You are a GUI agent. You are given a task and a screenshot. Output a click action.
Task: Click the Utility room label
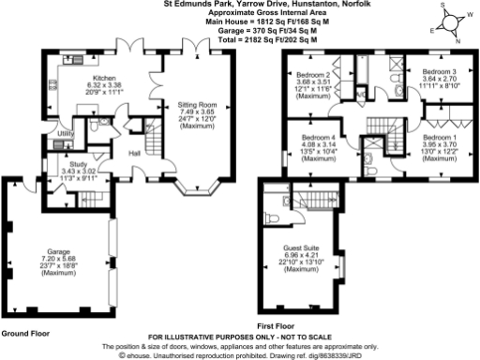[x=66, y=135]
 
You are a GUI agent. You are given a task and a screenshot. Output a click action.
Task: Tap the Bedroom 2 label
[x=316, y=73]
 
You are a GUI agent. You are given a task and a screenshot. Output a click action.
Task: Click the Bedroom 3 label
[x=439, y=72]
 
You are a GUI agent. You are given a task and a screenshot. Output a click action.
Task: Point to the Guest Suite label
[x=303, y=247]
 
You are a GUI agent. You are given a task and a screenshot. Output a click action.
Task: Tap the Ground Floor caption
[x=24, y=334]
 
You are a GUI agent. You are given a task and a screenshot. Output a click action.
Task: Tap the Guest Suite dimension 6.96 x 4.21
[x=303, y=255]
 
